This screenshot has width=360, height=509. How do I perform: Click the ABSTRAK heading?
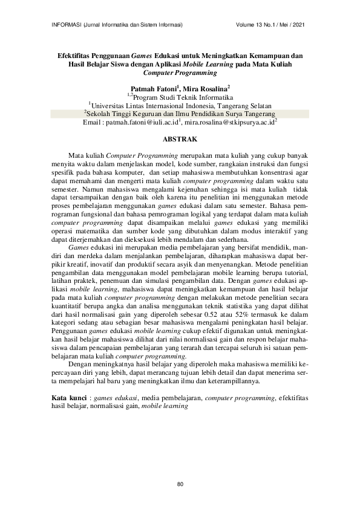[x=180, y=139]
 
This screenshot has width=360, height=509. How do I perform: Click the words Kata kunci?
[x=67, y=399]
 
